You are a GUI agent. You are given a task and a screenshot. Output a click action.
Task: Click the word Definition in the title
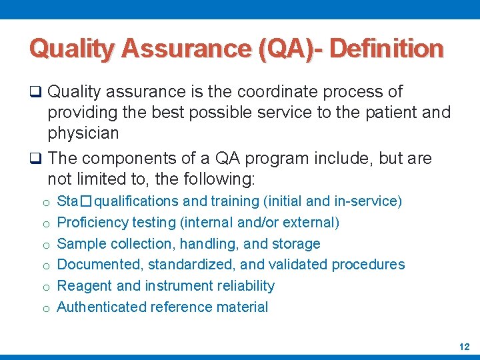387,48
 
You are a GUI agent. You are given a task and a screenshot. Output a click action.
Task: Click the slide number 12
464,347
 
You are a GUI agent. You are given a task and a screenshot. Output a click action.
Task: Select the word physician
83,133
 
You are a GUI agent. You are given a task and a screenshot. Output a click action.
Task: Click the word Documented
100,265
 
